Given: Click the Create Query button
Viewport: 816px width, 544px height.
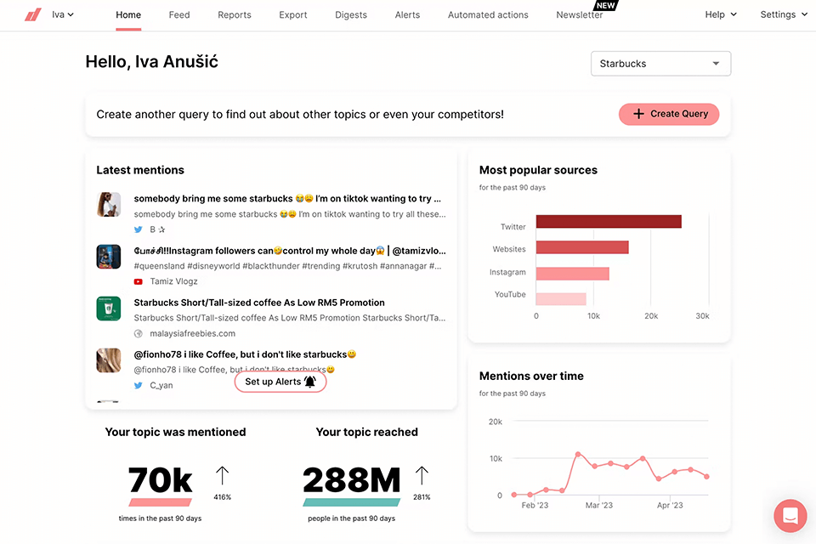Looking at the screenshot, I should coord(669,114).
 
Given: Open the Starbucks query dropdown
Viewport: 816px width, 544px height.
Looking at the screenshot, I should coord(660,64).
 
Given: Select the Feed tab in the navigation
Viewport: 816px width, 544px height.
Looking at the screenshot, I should coord(179,14).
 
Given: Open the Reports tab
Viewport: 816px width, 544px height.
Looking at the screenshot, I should coord(235,14).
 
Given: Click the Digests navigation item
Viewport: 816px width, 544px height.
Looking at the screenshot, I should coord(351,14).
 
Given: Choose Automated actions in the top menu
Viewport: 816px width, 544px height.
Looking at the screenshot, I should coord(488,14).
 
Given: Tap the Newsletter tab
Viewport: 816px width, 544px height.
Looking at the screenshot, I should coord(580,14).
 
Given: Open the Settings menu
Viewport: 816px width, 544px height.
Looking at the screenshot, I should coord(783,14).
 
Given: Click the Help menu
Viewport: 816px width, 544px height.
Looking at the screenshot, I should coord(721,14).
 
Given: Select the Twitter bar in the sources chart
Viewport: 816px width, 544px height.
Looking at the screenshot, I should coord(609,222).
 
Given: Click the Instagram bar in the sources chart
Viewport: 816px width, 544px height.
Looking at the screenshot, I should coord(572,274).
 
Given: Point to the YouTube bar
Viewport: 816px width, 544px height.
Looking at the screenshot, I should coord(561,299).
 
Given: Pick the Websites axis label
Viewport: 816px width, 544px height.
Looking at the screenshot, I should coord(509,249).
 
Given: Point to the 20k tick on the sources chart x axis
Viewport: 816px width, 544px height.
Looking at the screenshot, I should coord(651,316).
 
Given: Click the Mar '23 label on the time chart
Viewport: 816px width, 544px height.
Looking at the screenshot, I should coord(599,506).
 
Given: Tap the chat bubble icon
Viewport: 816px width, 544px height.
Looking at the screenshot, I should coord(790,516).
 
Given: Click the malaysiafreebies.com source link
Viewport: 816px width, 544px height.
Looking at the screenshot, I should coord(193,333).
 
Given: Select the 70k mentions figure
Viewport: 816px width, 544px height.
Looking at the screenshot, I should coord(161,481).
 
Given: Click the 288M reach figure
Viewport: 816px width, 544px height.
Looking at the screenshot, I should coord(351,481).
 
